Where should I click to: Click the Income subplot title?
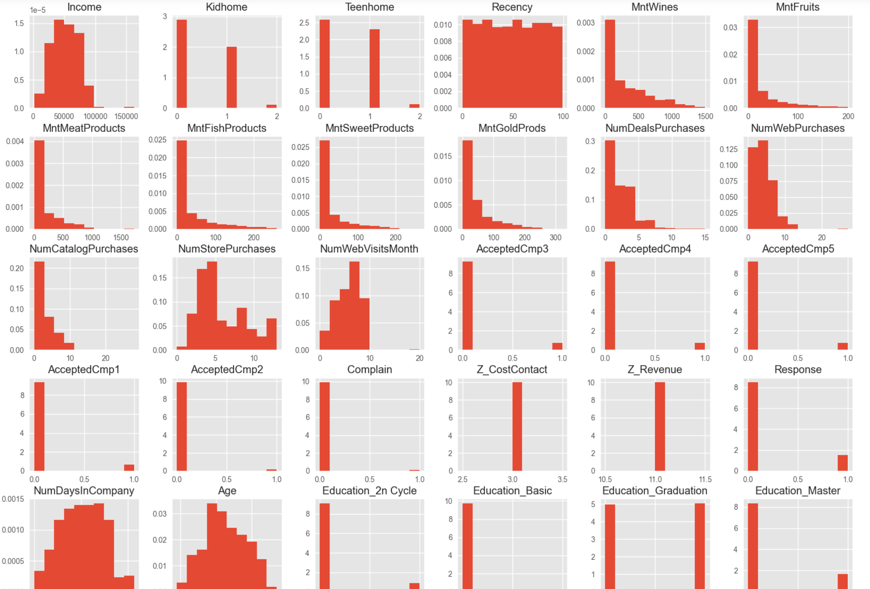tap(84, 7)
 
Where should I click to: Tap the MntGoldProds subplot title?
tap(512, 128)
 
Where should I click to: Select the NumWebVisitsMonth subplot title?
tap(369, 249)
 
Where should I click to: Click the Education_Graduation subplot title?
tap(654, 490)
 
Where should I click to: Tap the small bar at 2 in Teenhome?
tap(414, 106)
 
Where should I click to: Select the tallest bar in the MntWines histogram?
tap(610, 64)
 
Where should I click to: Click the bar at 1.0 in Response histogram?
tap(842, 463)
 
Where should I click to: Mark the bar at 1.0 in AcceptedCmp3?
tap(557, 346)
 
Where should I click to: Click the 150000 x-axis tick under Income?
tap(126, 116)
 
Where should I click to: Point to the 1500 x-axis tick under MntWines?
tap(705, 116)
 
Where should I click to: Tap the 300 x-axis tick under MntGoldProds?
tap(555, 237)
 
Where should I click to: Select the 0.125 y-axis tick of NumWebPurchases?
tap(729, 149)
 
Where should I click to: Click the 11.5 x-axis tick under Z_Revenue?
tap(705, 479)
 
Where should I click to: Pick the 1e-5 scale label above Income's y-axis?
tap(38, 10)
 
